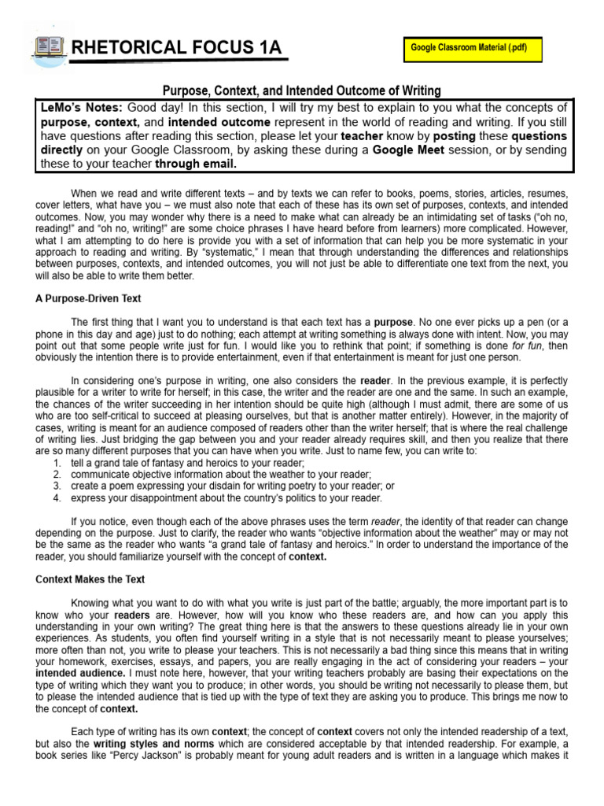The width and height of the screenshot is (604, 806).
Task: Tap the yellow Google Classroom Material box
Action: pyautogui.click(x=469, y=48)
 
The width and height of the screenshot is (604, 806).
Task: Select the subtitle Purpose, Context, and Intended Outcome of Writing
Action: pyautogui.click(x=302, y=91)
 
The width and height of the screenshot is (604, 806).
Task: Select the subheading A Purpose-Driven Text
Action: pyautogui.click(x=88, y=298)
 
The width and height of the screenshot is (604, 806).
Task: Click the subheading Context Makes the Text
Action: pyautogui.click(x=90, y=579)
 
